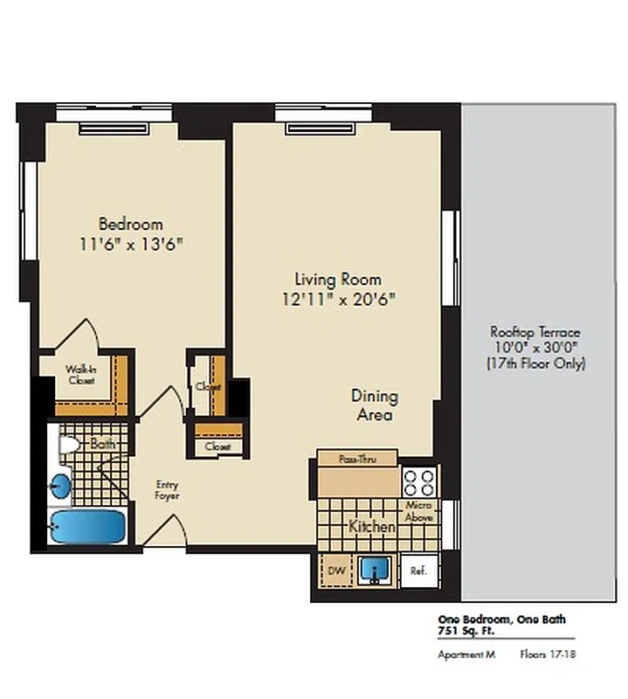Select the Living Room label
(337, 280)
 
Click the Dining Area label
(374, 405)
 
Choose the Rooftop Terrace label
(535, 333)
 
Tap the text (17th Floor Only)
(535, 363)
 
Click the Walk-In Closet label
(80, 375)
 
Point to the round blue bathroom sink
(60, 486)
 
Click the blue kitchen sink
(377, 571)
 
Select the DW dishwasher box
(335, 571)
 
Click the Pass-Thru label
(356, 458)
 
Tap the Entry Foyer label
(167, 488)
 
